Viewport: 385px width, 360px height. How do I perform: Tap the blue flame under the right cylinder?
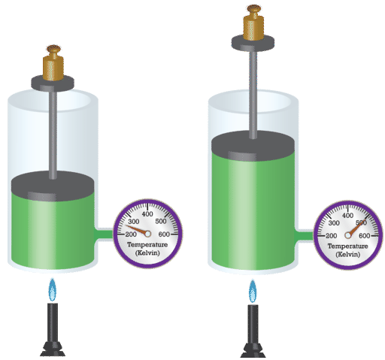click(253, 291)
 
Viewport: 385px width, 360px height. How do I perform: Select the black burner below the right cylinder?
click(253, 331)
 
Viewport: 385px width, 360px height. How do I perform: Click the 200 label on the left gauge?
click(131, 234)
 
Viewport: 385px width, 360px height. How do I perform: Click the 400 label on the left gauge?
click(147, 214)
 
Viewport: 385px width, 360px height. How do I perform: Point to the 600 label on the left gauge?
click(164, 234)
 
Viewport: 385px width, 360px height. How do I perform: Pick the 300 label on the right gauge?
click(334, 223)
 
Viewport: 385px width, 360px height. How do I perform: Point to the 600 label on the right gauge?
click(364, 236)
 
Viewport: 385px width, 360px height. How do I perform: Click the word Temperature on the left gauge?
click(147, 244)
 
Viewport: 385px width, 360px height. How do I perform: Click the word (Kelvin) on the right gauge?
click(348, 254)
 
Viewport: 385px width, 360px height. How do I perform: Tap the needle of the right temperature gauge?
click(356, 228)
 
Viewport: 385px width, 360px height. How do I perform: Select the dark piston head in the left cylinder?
click(53, 186)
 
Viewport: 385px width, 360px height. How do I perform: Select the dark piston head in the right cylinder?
click(253, 146)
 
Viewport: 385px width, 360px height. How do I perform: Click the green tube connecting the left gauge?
click(104, 234)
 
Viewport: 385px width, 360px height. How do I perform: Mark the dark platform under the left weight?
click(53, 83)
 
